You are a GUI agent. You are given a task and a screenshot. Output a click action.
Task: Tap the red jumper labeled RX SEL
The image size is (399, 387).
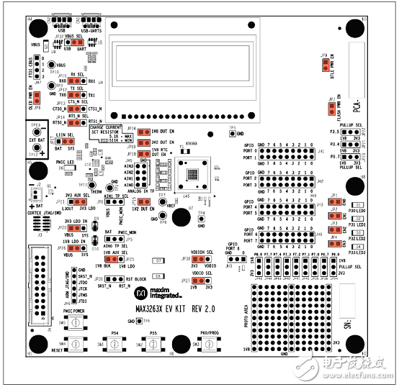[x=73, y=81]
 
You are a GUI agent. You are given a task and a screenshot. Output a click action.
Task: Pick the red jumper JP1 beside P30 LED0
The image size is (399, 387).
[x=336, y=204]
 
